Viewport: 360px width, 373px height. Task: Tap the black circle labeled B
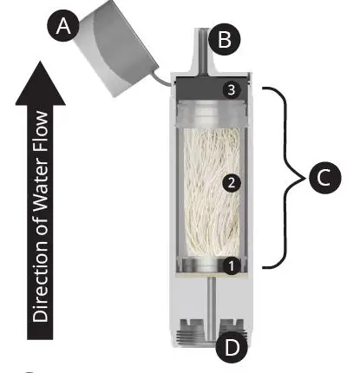click(225, 39)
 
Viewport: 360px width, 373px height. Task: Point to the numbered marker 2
click(230, 183)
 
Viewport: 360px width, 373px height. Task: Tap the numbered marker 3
click(230, 90)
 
